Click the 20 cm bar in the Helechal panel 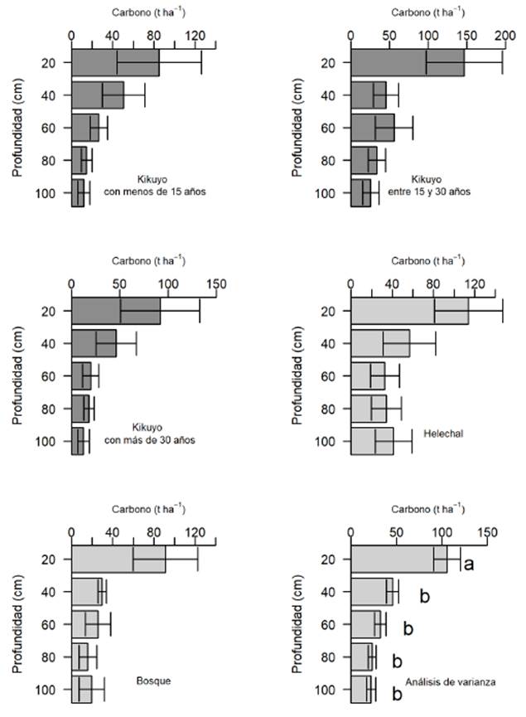(409, 311)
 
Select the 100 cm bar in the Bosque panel (82, 690)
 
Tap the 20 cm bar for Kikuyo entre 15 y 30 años (407, 62)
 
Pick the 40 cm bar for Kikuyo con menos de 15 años (97, 94)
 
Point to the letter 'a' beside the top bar (468, 564)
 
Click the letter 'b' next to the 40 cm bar (422, 595)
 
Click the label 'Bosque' (152, 681)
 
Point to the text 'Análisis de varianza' (451, 681)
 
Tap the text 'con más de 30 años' (150, 440)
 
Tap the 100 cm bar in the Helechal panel (372, 441)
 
